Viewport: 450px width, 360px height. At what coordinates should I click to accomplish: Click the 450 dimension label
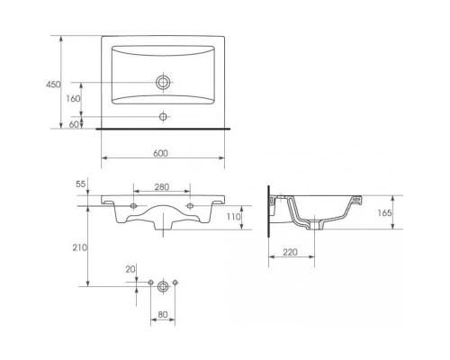point(52,84)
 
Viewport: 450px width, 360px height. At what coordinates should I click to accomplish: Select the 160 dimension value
point(74,99)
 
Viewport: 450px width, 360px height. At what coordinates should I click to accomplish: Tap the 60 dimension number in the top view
point(75,124)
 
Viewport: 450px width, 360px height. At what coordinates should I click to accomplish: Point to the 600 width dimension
point(161,153)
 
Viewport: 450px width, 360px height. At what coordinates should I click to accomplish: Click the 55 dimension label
point(81,184)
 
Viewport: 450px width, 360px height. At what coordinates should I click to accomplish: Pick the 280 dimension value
point(161,186)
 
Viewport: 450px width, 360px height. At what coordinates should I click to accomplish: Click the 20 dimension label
point(131,269)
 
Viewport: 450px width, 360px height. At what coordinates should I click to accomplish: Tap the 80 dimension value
point(162,316)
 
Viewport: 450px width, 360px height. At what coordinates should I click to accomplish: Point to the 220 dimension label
point(290,254)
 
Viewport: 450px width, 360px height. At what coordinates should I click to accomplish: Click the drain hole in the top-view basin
point(163,83)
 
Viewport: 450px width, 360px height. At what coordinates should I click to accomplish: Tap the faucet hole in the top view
point(163,116)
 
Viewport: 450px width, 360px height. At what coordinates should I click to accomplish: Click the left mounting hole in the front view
point(134,206)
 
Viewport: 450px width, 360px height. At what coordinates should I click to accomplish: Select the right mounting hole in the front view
point(191,206)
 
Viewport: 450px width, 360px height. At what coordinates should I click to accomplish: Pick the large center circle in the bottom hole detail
point(163,287)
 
